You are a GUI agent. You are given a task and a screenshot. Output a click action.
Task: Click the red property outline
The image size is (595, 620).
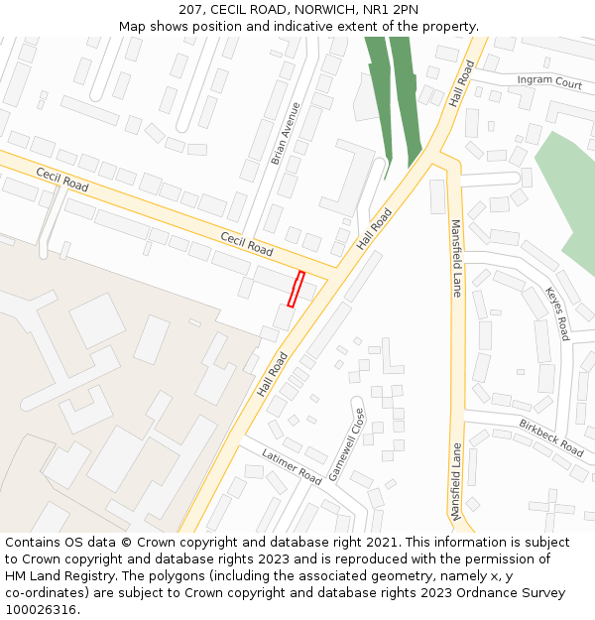[296, 288]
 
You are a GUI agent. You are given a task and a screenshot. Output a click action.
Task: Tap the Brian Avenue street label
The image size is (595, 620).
[286, 133]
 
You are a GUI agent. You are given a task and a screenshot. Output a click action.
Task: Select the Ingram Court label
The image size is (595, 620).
[548, 82]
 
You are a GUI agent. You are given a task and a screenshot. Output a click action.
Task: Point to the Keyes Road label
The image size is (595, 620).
[557, 313]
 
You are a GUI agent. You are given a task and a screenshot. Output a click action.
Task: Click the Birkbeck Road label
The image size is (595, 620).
[550, 436]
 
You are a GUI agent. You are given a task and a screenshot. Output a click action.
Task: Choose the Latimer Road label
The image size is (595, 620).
[292, 466]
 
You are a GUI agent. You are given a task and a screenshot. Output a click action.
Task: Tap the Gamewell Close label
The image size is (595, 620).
[348, 444]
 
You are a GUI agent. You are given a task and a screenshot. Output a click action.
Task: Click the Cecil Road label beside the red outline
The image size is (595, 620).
[246, 244]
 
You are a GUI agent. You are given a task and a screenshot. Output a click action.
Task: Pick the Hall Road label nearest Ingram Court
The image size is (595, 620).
[462, 81]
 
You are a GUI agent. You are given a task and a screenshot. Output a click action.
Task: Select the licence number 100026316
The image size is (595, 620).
[41, 610]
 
